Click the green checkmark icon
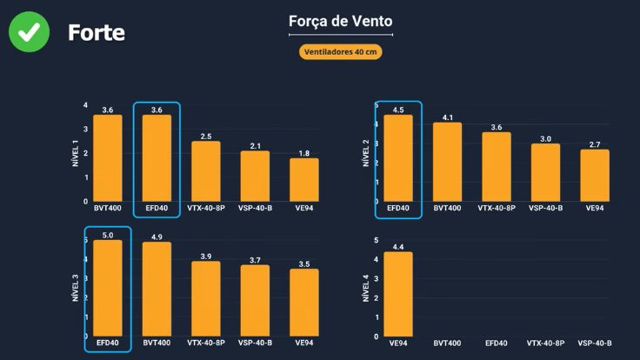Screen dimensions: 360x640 (x=29, y=32)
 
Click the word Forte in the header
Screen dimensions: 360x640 (x=97, y=33)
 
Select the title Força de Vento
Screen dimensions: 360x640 (x=340, y=21)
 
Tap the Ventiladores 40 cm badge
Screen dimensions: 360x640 (x=340, y=51)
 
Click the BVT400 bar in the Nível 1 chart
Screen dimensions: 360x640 (x=108, y=158)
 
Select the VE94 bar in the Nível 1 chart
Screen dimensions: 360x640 (x=304, y=179)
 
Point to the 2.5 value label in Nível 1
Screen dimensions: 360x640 (x=206, y=137)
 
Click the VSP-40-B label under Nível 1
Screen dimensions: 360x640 (x=255, y=209)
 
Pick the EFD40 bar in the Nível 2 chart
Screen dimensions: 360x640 (x=398, y=158)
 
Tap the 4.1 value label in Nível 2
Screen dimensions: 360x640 (x=448, y=117)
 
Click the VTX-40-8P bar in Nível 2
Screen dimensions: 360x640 (x=497, y=167)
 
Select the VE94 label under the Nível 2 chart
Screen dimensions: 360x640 (x=595, y=209)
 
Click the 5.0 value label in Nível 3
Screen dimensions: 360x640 (x=108, y=235)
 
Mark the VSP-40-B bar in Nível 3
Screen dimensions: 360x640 (x=255, y=300)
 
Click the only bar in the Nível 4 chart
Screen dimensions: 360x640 (x=398, y=294)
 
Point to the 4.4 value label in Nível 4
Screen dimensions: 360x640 (x=398, y=247)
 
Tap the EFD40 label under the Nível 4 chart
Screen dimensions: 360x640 (x=497, y=343)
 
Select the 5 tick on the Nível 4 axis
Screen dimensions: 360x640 (x=376, y=240)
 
